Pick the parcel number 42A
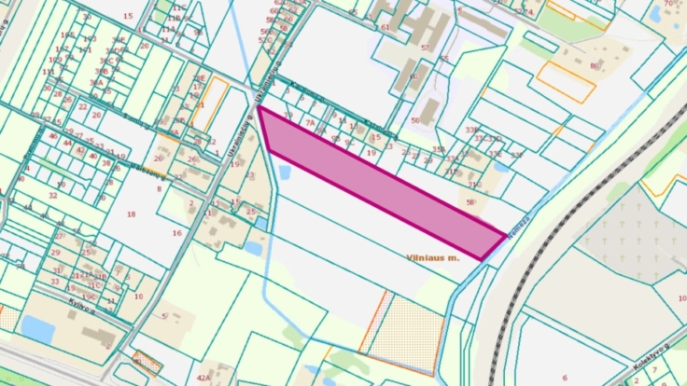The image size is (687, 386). click(203, 378)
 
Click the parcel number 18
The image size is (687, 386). click(131, 214)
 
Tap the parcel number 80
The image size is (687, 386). click(594, 65)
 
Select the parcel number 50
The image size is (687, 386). click(414, 120)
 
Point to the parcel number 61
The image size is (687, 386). click(385, 27)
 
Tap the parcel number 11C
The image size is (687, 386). click(177, 7)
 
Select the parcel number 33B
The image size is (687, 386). click(472, 130)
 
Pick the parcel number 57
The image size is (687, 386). click(425, 47)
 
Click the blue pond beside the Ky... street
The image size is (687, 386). click(38, 328)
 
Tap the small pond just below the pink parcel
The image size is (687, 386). click(284, 173)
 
